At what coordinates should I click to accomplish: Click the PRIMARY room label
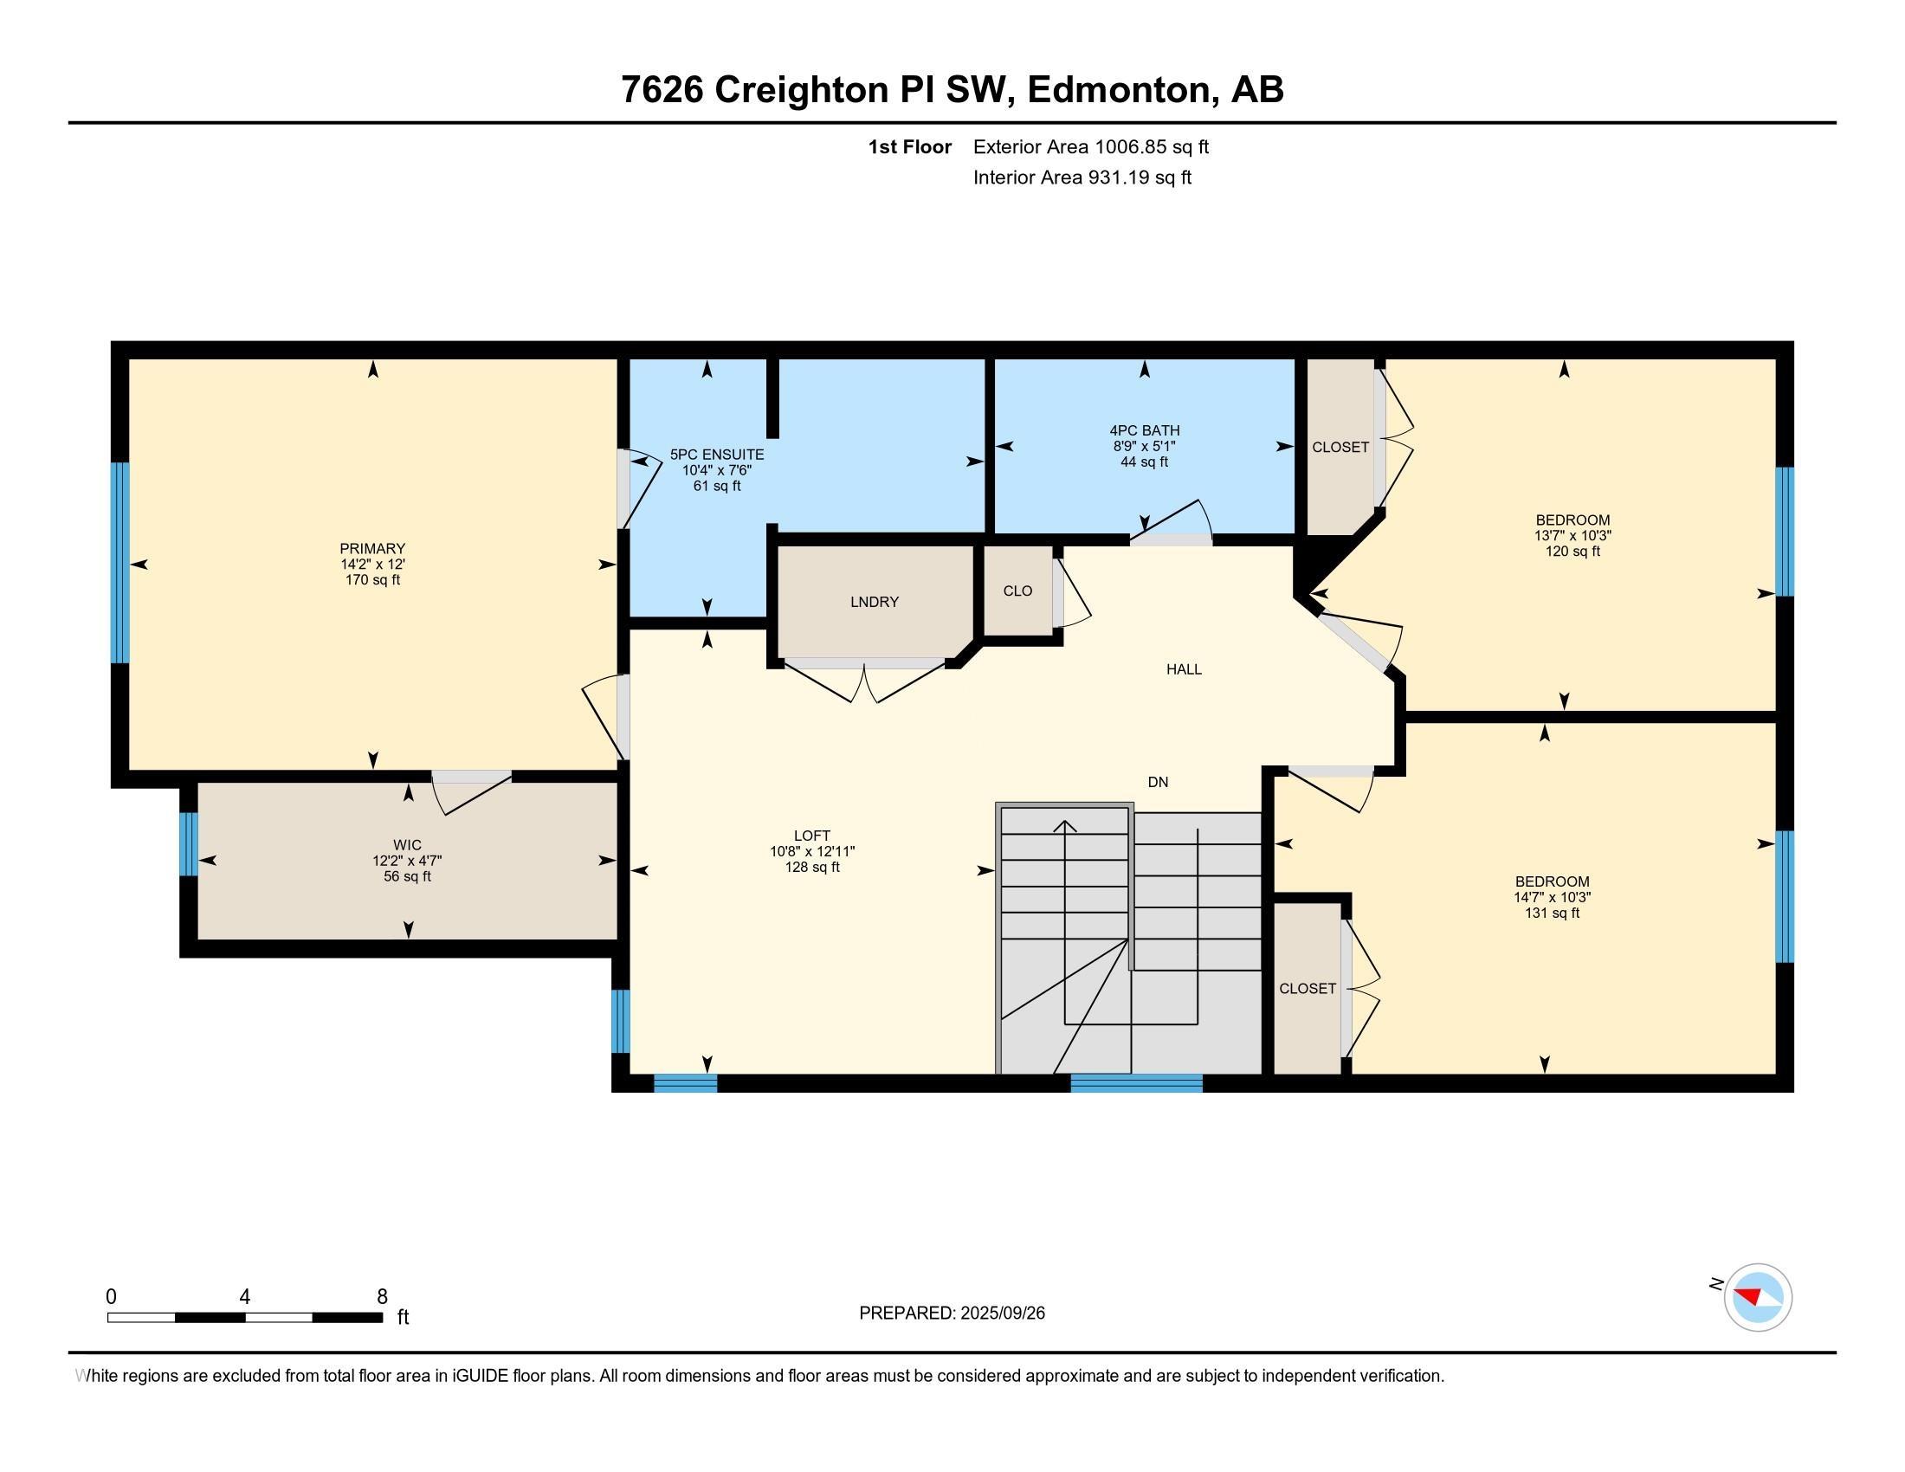pos(372,548)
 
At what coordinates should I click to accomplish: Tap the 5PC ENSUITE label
pos(717,455)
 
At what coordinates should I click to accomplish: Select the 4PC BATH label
pos(1145,430)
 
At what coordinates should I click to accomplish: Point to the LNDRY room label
pos(874,602)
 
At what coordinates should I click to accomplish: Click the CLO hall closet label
pos(1018,591)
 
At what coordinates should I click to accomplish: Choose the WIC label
pos(407,845)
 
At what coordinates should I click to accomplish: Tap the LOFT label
pos(812,836)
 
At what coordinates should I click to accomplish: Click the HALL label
pos(1184,668)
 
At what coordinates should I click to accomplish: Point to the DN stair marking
pos(1158,782)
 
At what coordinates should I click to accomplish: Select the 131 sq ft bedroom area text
pos(1552,913)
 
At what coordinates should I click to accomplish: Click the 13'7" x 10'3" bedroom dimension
pos(1572,535)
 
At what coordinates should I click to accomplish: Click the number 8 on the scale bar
pos(381,1297)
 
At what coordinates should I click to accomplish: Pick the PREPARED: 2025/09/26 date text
pos(952,1314)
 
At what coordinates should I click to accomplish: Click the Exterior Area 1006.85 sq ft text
pos(1091,146)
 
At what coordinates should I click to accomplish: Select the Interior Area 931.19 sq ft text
pos(1082,177)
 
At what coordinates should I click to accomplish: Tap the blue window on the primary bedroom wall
pos(119,563)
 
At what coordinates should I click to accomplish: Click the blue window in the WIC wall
pos(189,844)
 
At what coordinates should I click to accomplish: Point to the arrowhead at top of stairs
pos(1065,827)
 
